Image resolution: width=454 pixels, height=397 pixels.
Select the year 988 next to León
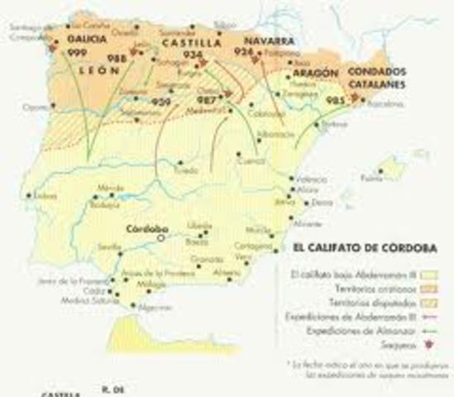click(x=116, y=59)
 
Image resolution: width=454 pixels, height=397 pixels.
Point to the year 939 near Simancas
click(x=162, y=101)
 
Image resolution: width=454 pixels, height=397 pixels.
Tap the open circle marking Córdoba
click(x=160, y=237)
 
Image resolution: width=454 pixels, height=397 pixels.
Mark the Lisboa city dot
click(x=29, y=195)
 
